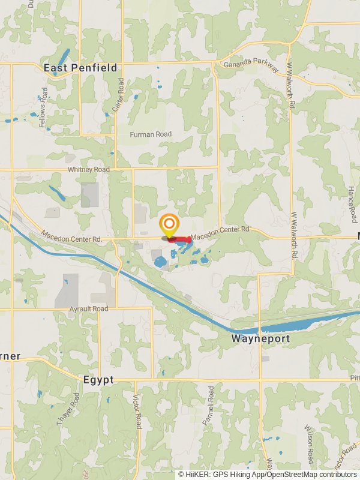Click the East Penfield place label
pyautogui.click(x=80, y=68)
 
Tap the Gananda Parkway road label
pyautogui.click(x=251, y=67)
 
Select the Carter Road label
pyautogui.click(x=121, y=95)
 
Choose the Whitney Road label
pyautogui.click(x=89, y=170)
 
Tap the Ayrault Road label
pyautogui.click(x=88, y=308)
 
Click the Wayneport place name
pyautogui.click(x=260, y=339)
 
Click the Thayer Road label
pyautogui.click(x=67, y=409)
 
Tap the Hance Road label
pyautogui.click(x=352, y=205)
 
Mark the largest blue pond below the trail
pyautogui.click(x=160, y=262)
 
